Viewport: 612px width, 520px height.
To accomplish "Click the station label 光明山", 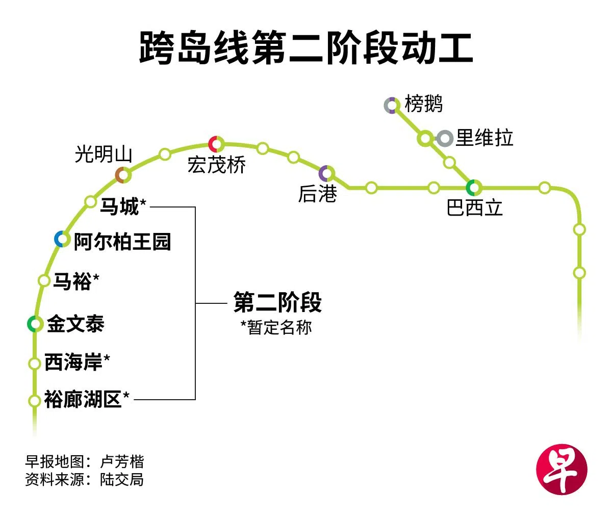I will (x=104, y=154).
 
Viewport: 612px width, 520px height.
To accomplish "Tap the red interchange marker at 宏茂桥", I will (x=216, y=144).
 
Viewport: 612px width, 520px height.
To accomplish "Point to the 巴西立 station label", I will (x=474, y=207).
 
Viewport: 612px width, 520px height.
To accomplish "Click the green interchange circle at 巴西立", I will (x=474, y=188).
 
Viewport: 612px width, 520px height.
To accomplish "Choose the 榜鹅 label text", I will (x=423, y=104).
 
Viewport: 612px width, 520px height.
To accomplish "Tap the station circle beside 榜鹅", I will (x=392, y=105).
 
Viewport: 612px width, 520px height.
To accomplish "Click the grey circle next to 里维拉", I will (x=445, y=138).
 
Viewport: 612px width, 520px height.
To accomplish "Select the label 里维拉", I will (x=484, y=138).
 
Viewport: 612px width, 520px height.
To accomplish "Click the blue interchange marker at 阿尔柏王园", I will (x=62, y=239).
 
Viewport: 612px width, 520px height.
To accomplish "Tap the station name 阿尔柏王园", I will (x=122, y=242).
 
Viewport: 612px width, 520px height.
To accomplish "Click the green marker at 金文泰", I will (x=35, y=324).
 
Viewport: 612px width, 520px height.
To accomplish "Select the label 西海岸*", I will (x=77, y=362).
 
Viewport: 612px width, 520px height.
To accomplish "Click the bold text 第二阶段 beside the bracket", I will (x=277, y=302).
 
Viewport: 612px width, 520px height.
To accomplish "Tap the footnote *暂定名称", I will (x=276, y=327).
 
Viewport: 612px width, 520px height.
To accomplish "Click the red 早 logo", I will (x=562, y=469).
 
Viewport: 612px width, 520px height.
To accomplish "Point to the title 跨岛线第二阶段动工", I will (x=305, y=49).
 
